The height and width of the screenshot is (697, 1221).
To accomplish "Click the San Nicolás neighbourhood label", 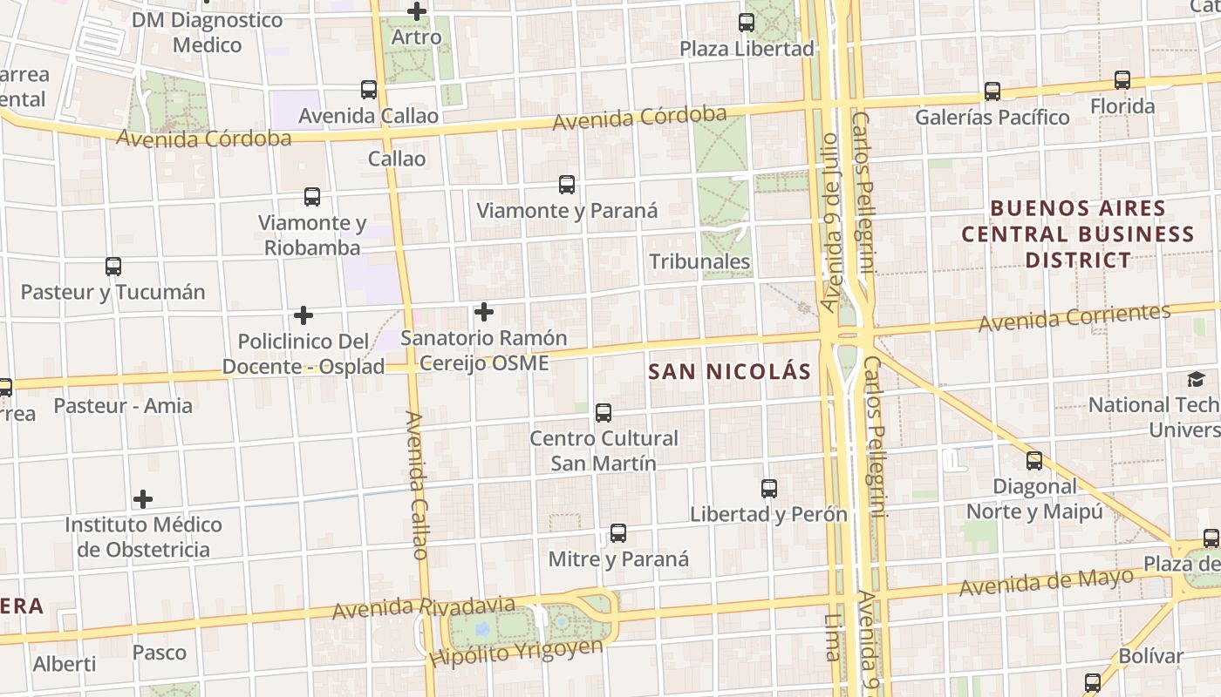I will click(730, 372).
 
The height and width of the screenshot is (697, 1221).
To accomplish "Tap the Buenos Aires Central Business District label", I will click(1078, 234).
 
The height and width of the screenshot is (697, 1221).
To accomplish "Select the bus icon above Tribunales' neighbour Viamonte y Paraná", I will click(567, 185).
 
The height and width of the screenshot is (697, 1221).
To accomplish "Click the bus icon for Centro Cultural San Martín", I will click(603, 413).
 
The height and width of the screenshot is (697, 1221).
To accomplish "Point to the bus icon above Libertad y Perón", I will click(768, 489).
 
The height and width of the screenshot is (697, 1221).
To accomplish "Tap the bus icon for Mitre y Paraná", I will click(618, 533).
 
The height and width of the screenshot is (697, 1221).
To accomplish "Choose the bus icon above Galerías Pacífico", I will click(992, 91).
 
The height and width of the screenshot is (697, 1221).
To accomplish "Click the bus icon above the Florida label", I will click(1122, 81).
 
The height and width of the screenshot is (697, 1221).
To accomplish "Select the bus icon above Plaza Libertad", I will click(747, 23).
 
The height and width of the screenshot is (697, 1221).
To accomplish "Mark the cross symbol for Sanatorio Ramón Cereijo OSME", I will click(483, 312).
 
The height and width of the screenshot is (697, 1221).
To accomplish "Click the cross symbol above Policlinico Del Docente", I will click(304, 315).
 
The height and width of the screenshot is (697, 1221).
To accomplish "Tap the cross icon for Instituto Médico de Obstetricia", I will click(143, 499).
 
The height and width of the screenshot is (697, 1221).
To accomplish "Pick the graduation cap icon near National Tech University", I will click(1196, 379).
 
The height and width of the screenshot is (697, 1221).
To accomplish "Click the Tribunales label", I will click(699, 261).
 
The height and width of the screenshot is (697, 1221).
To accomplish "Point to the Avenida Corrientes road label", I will click(1074, 318).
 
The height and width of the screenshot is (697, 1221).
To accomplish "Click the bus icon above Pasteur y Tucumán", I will click(113, 267).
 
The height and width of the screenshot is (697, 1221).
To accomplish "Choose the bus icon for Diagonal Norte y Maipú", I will click(1034, 460).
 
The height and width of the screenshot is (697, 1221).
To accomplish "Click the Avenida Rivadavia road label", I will click(423, 607).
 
